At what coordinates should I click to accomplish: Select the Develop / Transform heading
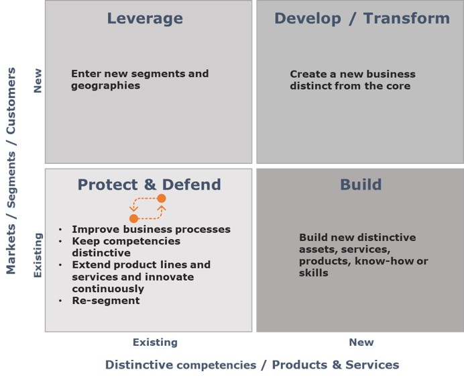[x=362, y=18]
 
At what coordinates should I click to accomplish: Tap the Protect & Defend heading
[x=149, y=184]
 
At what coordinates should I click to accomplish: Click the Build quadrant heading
[x=361, y=184]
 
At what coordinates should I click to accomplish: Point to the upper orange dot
[x=162, y=199]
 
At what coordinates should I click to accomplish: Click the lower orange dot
[x=133, y=219]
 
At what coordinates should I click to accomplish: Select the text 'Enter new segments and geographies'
[x=139, y=79]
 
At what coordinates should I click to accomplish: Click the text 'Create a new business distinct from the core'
[x=353, y=80]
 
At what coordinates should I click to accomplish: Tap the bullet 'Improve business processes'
[x=151, y=230]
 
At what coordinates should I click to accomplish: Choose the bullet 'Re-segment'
[x=106, y=300]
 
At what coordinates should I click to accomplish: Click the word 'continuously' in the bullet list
[x=108, y=289]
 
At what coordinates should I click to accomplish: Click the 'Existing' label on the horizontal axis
[x=155, y=342]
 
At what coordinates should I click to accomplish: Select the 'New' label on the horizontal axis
[x=361, y=342]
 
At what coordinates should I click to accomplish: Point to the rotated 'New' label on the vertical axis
[x=38, y=81]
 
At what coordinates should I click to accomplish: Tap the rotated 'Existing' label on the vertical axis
[x=38, y=255]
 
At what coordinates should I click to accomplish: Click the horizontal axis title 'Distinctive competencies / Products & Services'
[x=252, y=365]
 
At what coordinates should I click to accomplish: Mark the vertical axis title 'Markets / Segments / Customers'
[x=11, y=171]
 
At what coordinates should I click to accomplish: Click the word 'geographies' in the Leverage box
[x=105, y=86]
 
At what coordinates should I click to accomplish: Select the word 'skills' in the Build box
[x=313, y=273]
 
